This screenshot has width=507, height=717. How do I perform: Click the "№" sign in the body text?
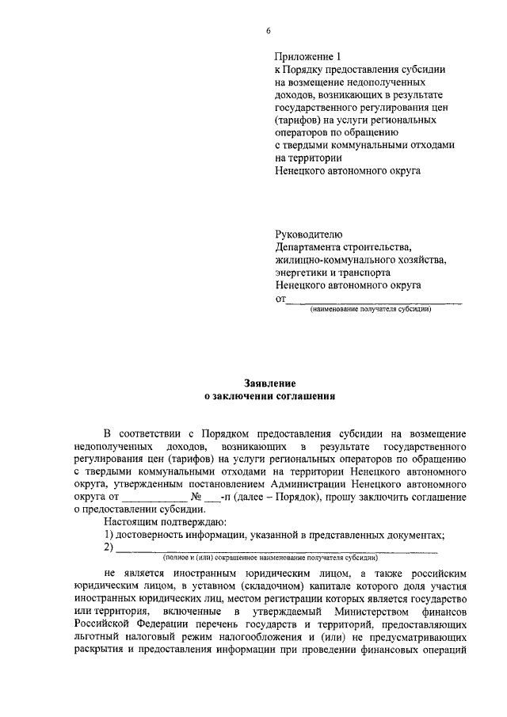coord(196,497)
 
